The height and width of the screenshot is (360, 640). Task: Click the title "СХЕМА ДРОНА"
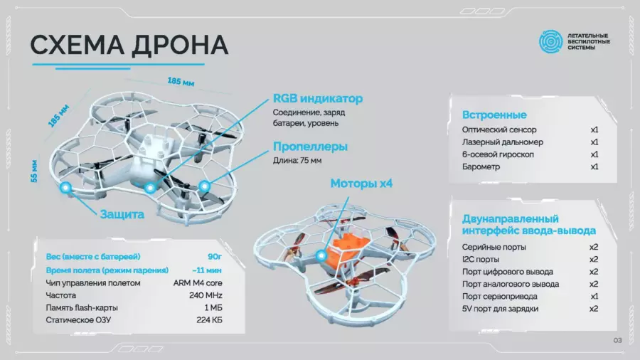tap(129, 45)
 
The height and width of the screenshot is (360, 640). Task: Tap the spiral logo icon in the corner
tap(550, 41)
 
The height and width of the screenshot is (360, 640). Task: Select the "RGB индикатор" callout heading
tap(318, 98)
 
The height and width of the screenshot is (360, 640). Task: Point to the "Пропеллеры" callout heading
tap(310, 146)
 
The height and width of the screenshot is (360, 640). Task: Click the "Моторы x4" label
tap(361, 184)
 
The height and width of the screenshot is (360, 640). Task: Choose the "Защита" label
tap(122, 214)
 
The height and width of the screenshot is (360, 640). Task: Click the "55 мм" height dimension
tap(34, 171)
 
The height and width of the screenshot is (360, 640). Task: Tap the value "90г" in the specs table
tap(215, 257)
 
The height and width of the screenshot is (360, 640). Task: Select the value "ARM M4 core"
tap(198, 283)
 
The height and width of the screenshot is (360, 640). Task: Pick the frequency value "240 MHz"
tap(206, 295)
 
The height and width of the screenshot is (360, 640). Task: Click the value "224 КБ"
tap(209, 320)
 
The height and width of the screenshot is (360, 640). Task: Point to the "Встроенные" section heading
tap(494, 115)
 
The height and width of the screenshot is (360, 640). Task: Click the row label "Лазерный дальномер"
tap(503, 142)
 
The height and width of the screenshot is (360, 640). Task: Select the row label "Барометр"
tap(481, 166)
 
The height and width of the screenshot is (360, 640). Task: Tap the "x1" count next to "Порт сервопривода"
tap(594, 297)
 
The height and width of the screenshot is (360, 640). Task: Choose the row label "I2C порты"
tap(481, 259)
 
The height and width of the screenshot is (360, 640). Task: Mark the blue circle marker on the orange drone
tap(321, 256)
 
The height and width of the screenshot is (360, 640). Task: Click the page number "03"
tap(617, 340)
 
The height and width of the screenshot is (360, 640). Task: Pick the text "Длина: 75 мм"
tap(297, 160)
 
